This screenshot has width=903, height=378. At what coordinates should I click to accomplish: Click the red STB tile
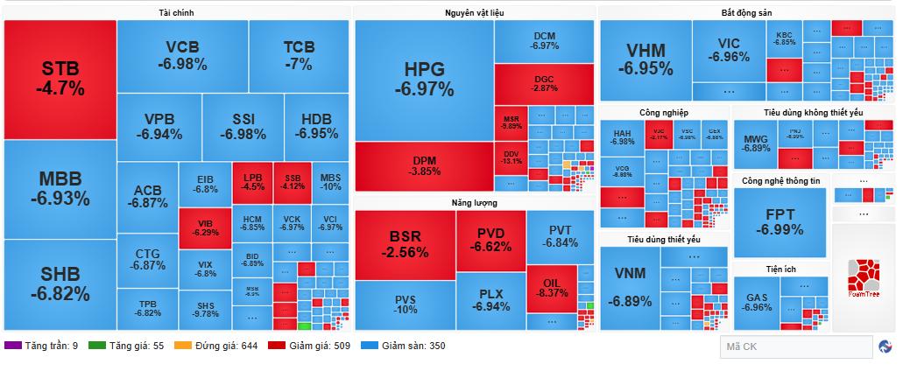point(60,79)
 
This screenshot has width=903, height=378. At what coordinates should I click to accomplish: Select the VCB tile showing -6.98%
point(182,55)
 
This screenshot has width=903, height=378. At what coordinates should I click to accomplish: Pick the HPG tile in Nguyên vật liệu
point(424,79)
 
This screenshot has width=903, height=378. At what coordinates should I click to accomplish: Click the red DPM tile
point(424,166)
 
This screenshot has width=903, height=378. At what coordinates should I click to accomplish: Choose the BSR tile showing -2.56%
point(405,245)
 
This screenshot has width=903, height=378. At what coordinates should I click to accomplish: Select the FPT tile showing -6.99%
point(780,223)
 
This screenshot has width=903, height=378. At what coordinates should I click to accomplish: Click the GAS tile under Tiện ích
point(757,302)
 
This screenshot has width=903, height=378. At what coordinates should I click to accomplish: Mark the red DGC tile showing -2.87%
point(544,83)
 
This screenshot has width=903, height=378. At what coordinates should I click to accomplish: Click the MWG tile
point(756,144)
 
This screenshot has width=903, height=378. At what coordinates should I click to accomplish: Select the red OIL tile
point(551,288)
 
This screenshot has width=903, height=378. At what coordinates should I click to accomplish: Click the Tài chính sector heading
point(177,13)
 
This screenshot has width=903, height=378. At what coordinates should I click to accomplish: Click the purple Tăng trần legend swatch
point(11,346)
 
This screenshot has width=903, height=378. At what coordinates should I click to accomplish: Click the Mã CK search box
point(795,347)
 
